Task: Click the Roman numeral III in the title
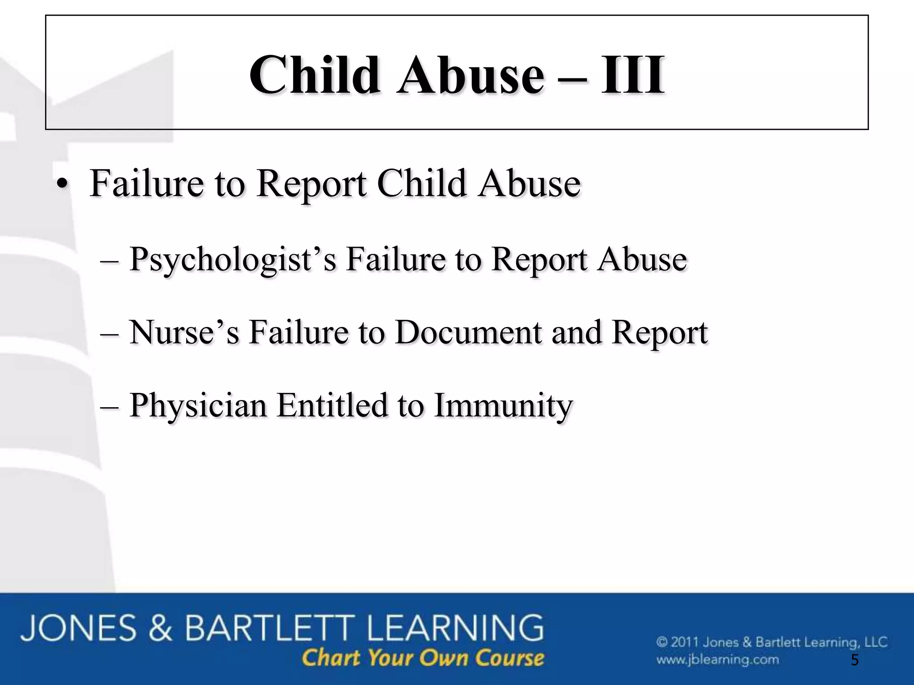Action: (x=632, y=75)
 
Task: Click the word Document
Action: (x=468, y=332)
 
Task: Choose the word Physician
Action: (x=198, y=406)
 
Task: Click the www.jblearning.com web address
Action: (x=717, y=660)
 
